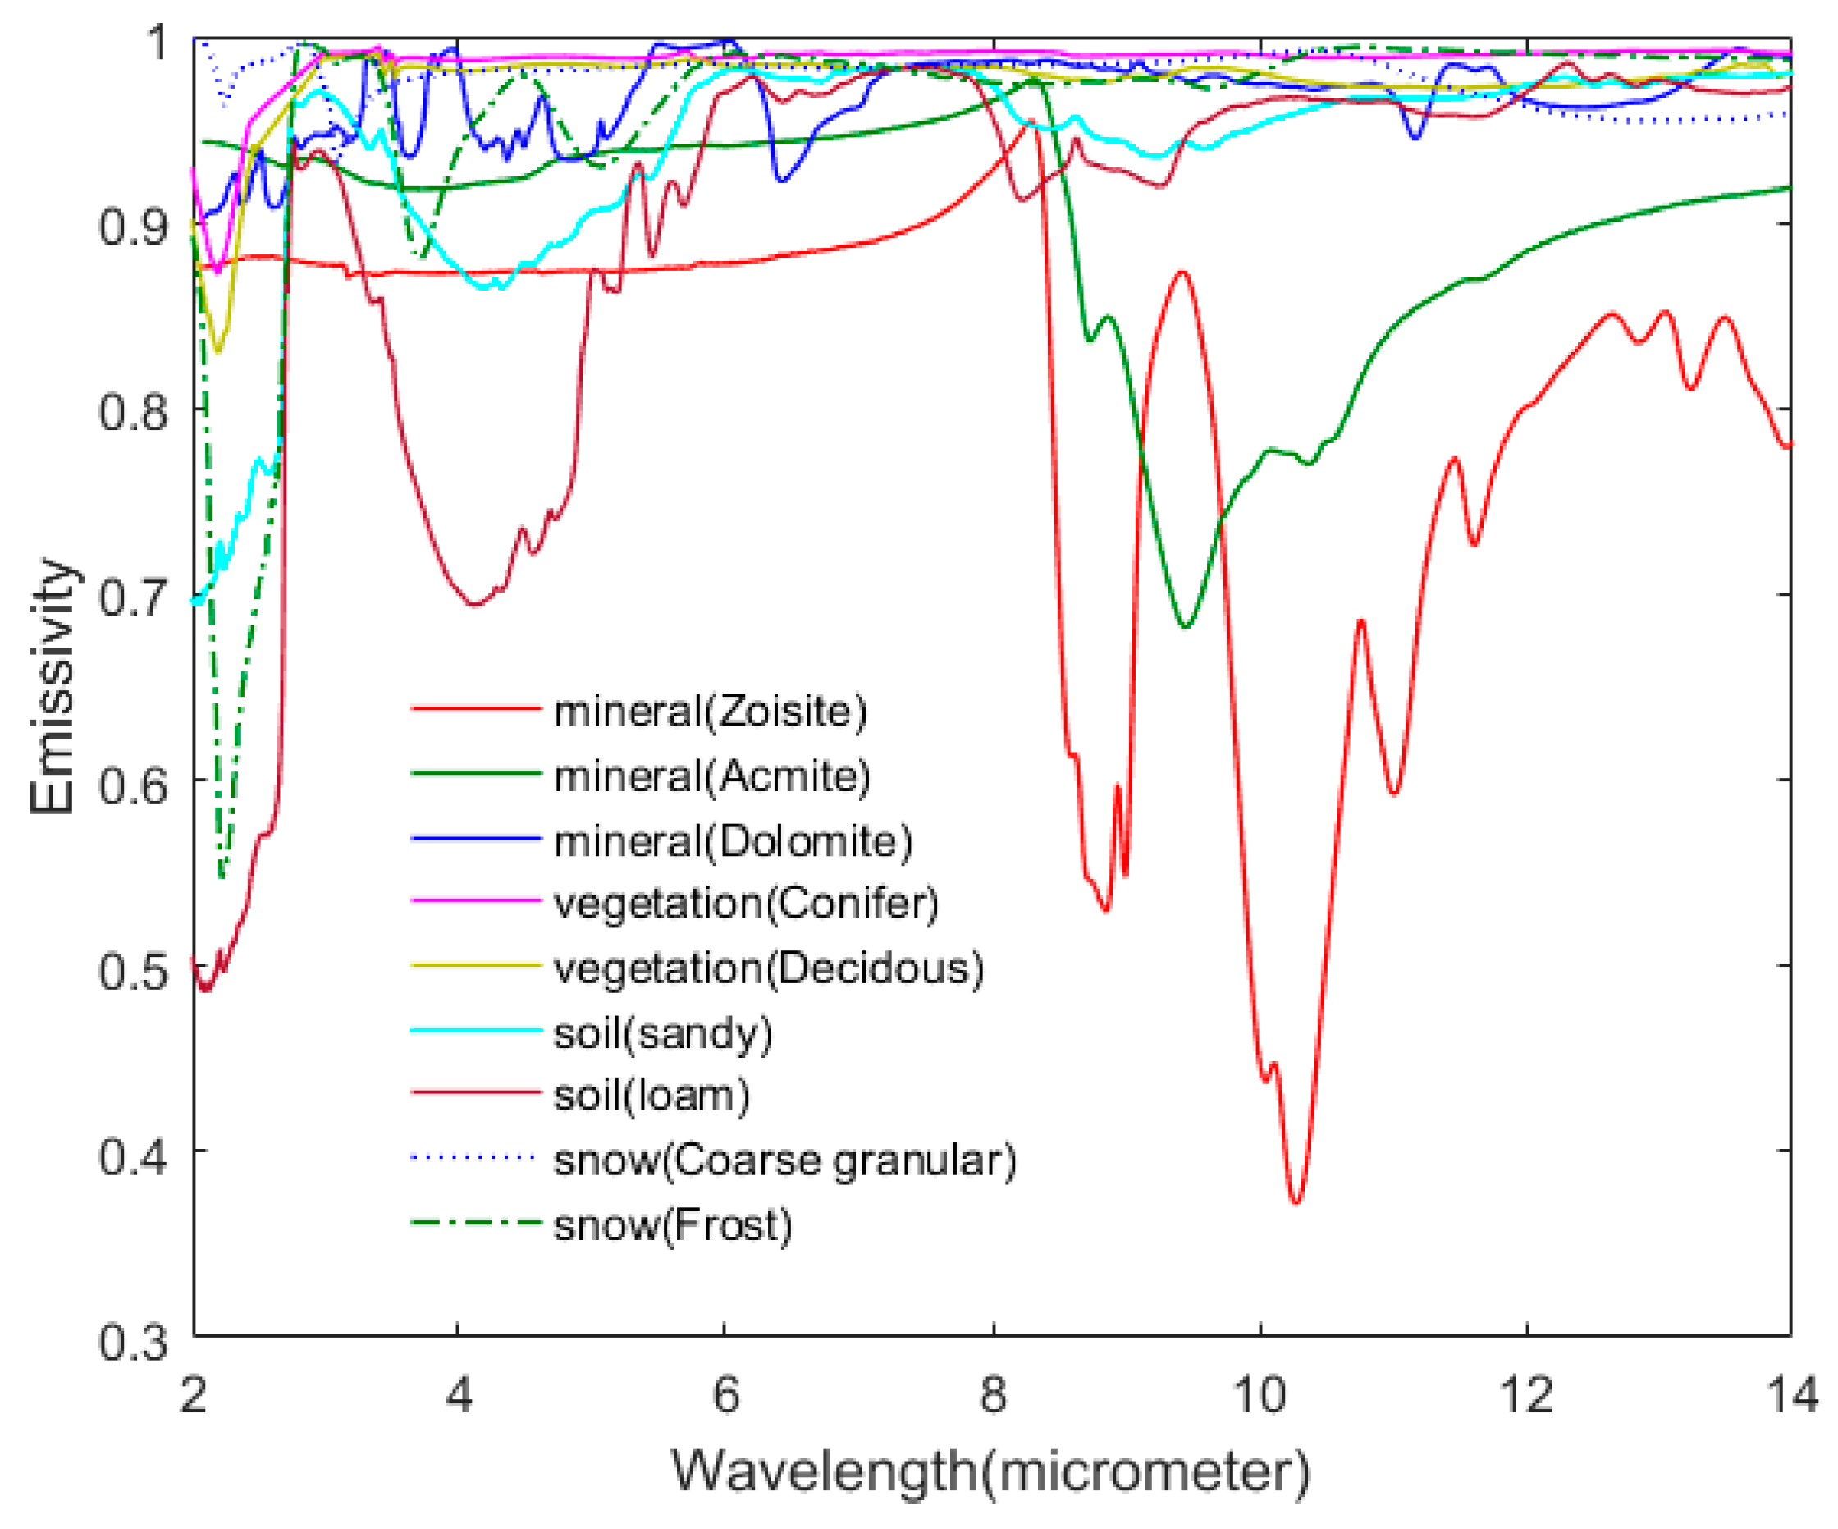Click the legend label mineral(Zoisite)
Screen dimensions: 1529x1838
(x=710, y=711)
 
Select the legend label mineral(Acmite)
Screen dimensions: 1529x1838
(x=711, y=776)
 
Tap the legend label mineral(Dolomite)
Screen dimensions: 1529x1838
(x=733, y=840)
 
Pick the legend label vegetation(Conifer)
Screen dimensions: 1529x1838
(x=746, y=904)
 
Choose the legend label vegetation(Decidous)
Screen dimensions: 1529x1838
(x=769, y=968)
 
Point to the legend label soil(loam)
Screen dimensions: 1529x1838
(x=652, y=1096)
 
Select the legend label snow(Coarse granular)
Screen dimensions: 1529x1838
(x=785, y=1160)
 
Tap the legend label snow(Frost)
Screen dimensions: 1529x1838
(x=672, y=1225)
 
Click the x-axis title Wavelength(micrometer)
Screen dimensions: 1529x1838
(x=990, y=1472)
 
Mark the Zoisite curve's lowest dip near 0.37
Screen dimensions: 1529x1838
(x=1296, y=1202)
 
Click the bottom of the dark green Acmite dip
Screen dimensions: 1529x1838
(x=1185, y=627)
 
